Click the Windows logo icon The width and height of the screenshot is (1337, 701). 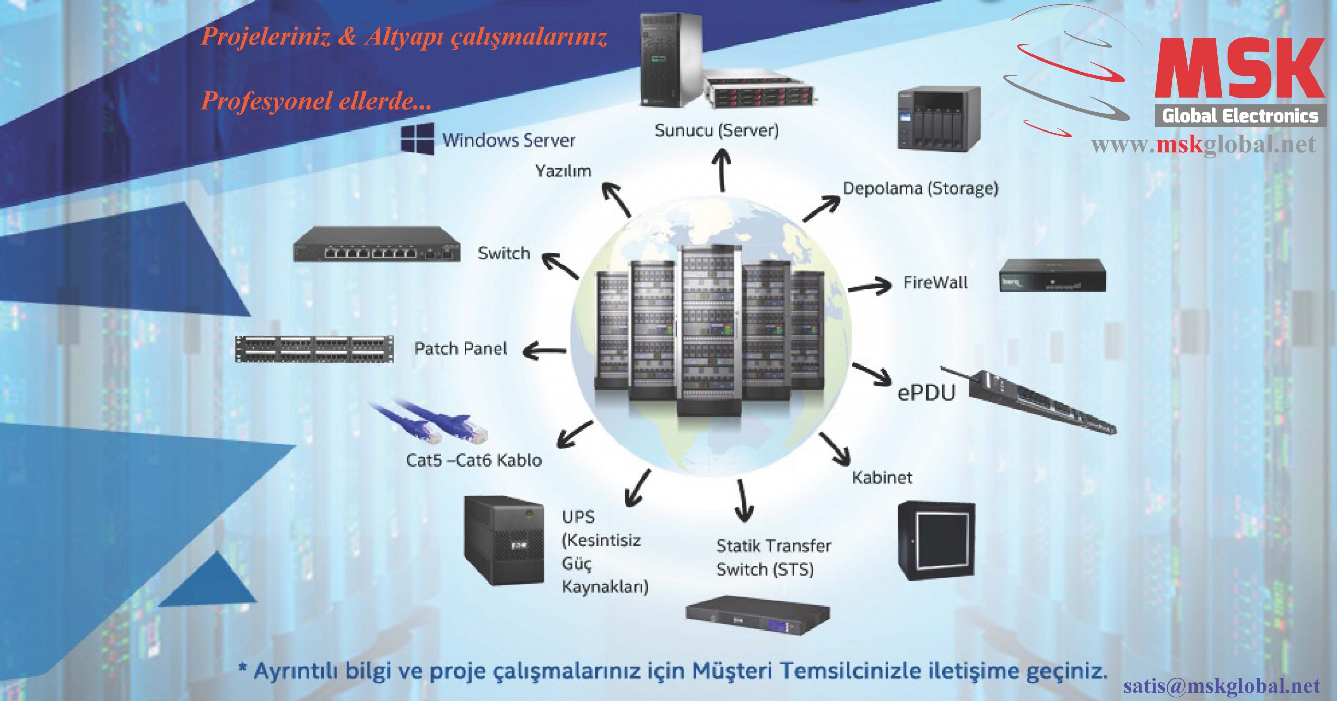click(x=417, y=139)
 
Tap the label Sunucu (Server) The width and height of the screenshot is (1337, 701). click(x=717, y=130)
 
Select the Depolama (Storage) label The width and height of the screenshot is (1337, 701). click(x=920, y=188)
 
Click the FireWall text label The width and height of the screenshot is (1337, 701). click(x=935, y=282)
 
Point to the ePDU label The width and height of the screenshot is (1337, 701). click(x=926, y=393)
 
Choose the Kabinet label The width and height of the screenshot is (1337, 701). click(x=882, y=478)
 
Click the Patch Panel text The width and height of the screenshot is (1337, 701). click(x=460, y=349)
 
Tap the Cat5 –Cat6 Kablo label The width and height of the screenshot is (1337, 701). click(x=474, y=460)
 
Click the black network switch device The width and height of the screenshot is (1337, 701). click(x=377, y=244)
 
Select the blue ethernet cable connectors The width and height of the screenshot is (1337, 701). click(x=433, y=423)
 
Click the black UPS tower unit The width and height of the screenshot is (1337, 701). click(x=504, y=540)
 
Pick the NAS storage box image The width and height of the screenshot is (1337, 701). click(x=939, y=118)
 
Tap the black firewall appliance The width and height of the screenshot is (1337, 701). click(x=1052, y=275)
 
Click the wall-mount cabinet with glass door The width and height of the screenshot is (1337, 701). click(x=936, y=541)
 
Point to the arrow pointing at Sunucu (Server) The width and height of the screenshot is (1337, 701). click(x=722, y=170)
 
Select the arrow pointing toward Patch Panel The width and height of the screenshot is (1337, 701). click(x=544, y=351)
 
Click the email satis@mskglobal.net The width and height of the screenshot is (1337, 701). click(x=1222, y=685)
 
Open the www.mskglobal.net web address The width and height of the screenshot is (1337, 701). click(x=1203, y=145)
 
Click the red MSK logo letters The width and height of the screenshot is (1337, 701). click(x=1239, y=68)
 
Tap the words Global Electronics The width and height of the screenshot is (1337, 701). click(x=1239, y=115)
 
